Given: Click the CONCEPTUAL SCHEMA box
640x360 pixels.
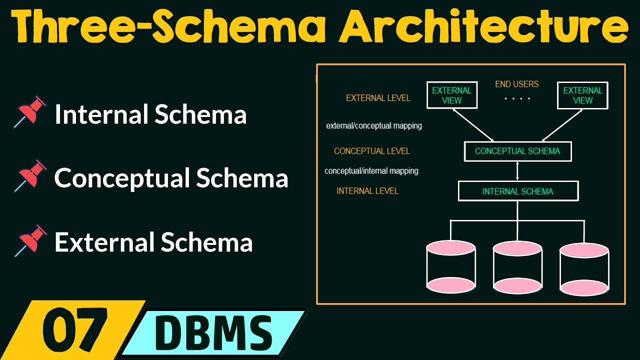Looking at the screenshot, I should [x=517, y=151].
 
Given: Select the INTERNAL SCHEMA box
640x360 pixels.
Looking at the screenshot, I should [x=517, y=191].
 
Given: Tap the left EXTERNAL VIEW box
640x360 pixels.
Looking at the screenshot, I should [x=451, y=95].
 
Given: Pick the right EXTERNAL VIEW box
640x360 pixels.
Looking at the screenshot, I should [x=582, y=95].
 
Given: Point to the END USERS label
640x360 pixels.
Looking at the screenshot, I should [x=517, y=84].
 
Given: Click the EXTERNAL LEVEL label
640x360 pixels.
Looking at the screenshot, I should [x=378, y=98].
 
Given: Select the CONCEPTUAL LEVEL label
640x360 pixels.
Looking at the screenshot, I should [x=371, y=151].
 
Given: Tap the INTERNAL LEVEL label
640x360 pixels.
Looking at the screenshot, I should [x=367, y=191].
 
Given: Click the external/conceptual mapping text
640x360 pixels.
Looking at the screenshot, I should [x=374, y=125].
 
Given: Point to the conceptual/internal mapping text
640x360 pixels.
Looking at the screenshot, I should [x=371, y=171].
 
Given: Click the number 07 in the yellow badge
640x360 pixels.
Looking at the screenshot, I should [x=75, y=329].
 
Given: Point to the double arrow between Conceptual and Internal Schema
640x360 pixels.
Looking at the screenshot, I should [x=517, y=171].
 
